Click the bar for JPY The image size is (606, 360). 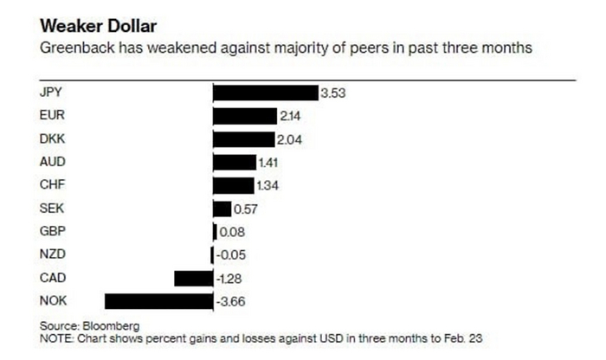click(266, 93)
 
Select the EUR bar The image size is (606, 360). click(243, 115)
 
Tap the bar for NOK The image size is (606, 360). click(158, 300)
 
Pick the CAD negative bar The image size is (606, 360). click(193, 278)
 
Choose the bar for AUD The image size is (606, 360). click(235, 162)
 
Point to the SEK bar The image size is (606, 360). click(222, 209)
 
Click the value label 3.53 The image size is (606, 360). click(333, 93)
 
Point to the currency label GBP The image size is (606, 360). click(53, 232)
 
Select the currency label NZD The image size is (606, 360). click(53, 254)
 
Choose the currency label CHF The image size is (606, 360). click(53, 185)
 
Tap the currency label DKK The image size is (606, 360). click(53, 138)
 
